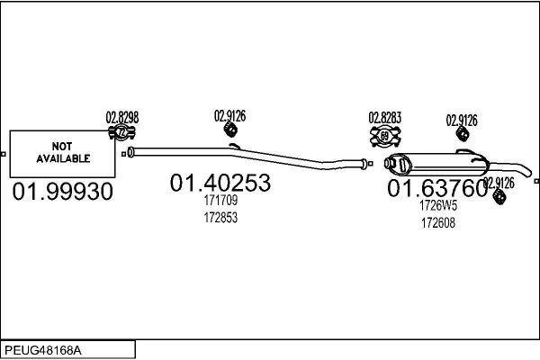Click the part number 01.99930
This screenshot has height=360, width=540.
63,192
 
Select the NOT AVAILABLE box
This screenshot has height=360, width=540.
62,154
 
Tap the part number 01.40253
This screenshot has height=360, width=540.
220,183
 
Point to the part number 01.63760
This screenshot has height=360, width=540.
437,188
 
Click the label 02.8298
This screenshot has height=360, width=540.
122,118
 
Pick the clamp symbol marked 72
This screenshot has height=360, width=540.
121,132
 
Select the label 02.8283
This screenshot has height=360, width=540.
385,118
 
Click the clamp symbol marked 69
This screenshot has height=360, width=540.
385,137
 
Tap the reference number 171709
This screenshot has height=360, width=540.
220,200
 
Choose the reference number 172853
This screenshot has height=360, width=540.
220,218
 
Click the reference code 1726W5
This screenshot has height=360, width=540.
438,206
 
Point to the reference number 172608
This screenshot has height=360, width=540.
438,223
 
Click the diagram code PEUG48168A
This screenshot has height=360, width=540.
43,351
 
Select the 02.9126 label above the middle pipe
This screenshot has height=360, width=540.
230,116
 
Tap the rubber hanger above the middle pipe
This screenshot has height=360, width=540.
230,130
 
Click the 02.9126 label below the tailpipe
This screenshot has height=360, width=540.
499,183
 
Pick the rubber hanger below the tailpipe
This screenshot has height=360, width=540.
499,196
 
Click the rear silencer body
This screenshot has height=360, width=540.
436,164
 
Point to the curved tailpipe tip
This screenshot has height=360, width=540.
526,171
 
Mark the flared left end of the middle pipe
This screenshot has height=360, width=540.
130,152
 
